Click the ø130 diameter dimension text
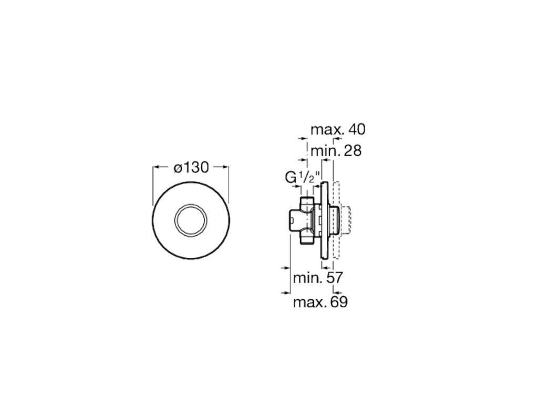coord(191,167)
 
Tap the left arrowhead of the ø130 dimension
coord(156,167)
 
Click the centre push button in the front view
coord(191,219)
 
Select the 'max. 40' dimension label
coord(337,129)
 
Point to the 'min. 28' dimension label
coord(336,150)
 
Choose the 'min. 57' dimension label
coord(318,277)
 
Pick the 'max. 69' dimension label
coord(320,302)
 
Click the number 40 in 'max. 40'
coord(356,129)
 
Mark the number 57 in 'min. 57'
coord(335,277)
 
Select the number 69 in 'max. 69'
coord(338,302)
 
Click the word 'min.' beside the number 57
coord(307,277)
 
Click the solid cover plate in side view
coord(325,221)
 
